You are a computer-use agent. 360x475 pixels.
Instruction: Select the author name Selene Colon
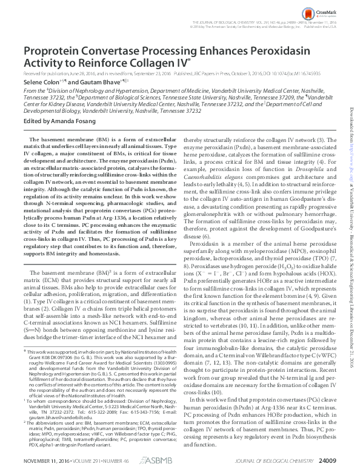coord(40,81)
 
